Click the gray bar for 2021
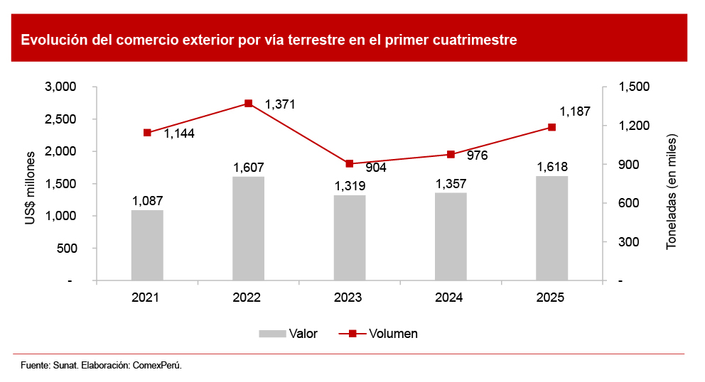point(147,245)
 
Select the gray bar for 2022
point(248,229)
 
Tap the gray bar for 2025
point(551,228)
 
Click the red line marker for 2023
point(350,164)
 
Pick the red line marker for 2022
point(248,104)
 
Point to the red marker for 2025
point(551,127)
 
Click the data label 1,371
point(280,104)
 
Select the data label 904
point(375,168)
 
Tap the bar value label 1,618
point(552,167)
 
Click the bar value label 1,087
point(147,201)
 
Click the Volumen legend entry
point(378,333)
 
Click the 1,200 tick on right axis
point(635,126)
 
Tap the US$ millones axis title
point(31,188)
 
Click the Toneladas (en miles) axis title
point(671,191)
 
